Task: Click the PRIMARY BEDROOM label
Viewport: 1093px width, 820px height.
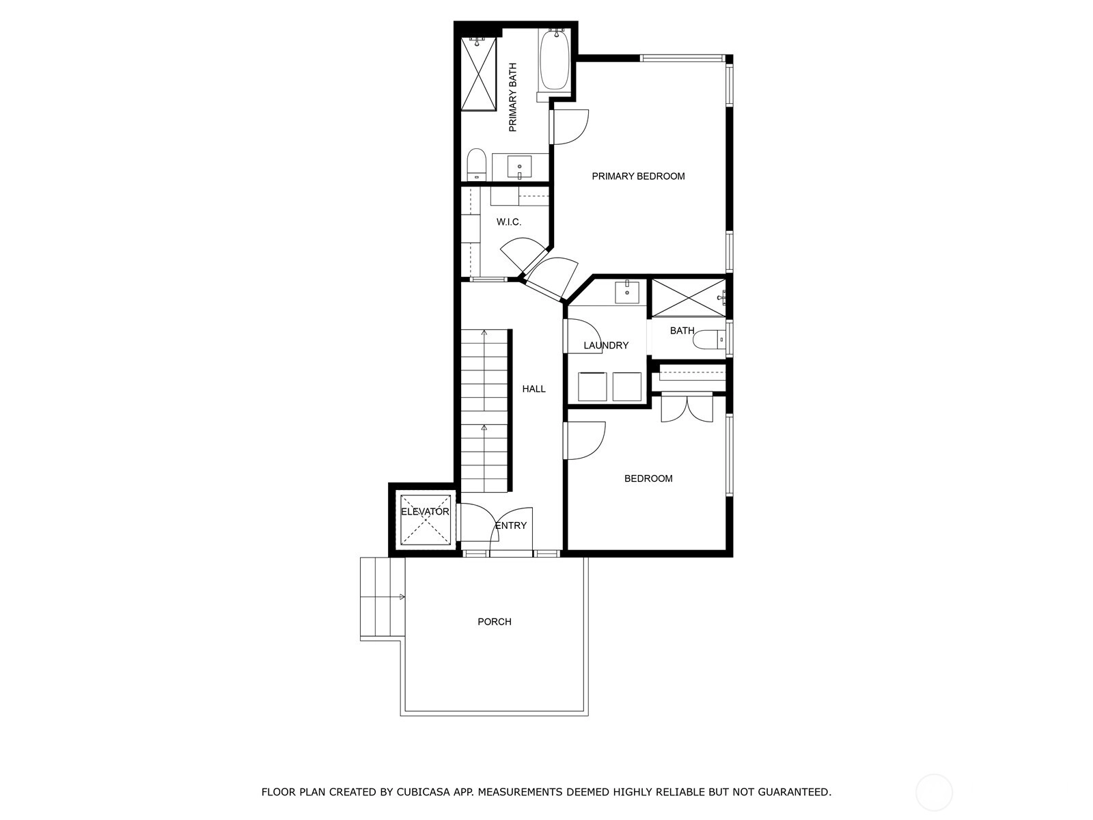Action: (638, 176)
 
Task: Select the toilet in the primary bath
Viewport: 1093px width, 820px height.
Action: (477, 164)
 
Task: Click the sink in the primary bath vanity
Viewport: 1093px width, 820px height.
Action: (519, 167)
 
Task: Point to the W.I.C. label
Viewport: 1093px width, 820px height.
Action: (509, 222)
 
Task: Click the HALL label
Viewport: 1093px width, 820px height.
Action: (534, 389)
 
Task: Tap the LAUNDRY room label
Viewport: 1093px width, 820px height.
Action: (606, 345)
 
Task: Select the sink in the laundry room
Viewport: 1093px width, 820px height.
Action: (627, 292)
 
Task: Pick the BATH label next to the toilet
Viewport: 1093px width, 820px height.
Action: (682, 331)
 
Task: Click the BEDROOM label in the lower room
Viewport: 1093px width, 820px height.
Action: (648, 478)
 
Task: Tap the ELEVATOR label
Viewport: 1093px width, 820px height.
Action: (426, 512)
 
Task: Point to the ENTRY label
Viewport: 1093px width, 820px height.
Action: (511, 525)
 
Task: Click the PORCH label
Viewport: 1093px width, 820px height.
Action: (495, 622)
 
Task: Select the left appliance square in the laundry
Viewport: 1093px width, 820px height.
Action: (592, 386)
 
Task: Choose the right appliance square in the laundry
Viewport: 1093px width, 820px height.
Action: (627, 386)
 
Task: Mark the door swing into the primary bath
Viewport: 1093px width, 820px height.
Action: (571, 127)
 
